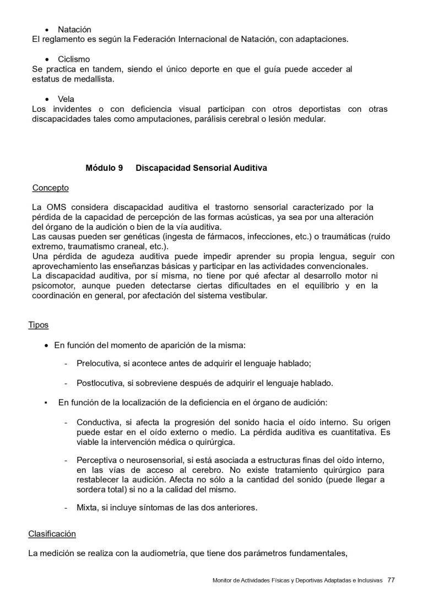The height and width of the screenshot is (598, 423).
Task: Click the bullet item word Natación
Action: [74, 29]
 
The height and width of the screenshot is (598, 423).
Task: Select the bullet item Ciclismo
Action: [74, 59]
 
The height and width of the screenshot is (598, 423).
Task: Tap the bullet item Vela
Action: [66, 99]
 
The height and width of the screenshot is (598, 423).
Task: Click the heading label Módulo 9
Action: [104, 168]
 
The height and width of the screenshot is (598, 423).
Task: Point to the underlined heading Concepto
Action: [50, 188]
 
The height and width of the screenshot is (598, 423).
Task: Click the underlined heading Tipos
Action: [38, 325]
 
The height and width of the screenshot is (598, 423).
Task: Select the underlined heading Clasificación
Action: [52, 534]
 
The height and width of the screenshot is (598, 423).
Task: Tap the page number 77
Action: [391, 580]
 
